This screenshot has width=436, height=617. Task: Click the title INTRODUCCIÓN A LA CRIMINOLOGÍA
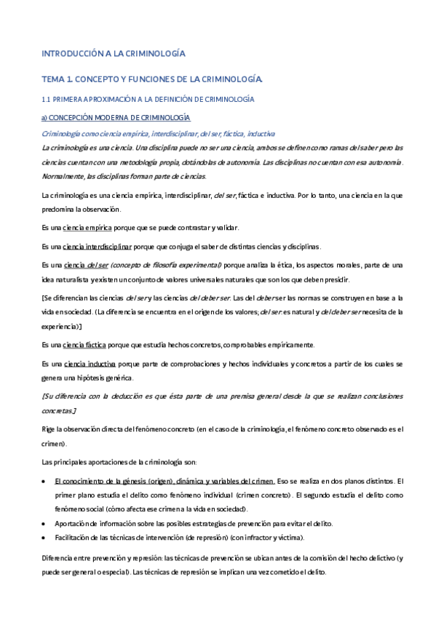pos(113,53)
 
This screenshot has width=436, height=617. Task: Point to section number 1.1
pos(47,98)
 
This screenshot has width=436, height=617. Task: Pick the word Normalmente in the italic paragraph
pos(64,176)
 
